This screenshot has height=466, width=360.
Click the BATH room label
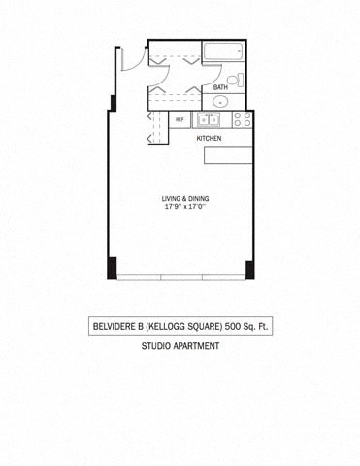tap(220, 87)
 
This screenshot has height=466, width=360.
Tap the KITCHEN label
tap(209, 139)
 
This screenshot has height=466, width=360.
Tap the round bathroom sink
tap(221, 100)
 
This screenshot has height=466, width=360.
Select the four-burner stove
tap(242, 120)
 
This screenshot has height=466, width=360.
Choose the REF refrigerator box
tap(180, 120)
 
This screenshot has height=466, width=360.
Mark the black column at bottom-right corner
tap(249, 268)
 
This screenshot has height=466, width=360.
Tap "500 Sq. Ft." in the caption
tap(247, 327)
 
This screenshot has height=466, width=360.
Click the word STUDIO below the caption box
tap(158, 346)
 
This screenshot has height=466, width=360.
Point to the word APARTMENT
tap(198, 346)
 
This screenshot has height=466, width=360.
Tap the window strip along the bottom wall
tap(181, 279)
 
